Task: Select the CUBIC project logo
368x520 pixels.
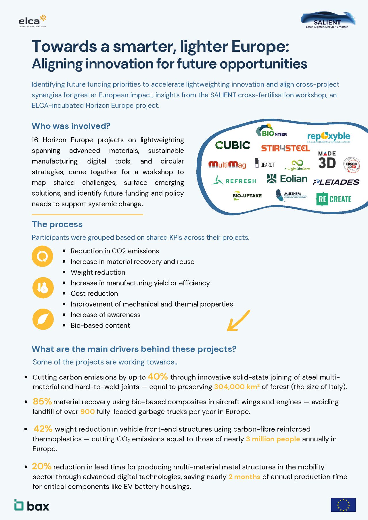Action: tap(233, 145)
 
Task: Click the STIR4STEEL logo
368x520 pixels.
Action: tap(285, 148)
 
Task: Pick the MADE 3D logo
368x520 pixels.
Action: tap(327, 160)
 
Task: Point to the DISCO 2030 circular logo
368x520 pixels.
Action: tap(352, 165)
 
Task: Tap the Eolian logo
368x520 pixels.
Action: tap(287, 179)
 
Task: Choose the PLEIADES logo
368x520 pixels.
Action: tap(336, 182)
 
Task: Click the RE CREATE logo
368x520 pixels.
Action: tap(333, 199)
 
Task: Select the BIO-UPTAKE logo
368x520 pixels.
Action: tap(247, 196)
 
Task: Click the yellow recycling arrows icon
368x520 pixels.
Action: tap(43, 256)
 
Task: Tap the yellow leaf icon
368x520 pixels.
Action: tap(43, 319)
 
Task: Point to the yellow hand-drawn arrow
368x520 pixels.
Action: tap(238, 321)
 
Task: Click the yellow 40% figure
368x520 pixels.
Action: tap(158, 376)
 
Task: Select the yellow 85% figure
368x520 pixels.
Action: tap(42, 401)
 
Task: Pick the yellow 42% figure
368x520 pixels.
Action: tap(43, 429)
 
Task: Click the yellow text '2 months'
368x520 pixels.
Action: tap(244, 477)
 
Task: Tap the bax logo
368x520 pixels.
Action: tap(32, 505)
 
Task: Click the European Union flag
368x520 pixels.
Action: tap(343, 505)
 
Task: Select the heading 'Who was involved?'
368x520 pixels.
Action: tap(71, 126)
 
